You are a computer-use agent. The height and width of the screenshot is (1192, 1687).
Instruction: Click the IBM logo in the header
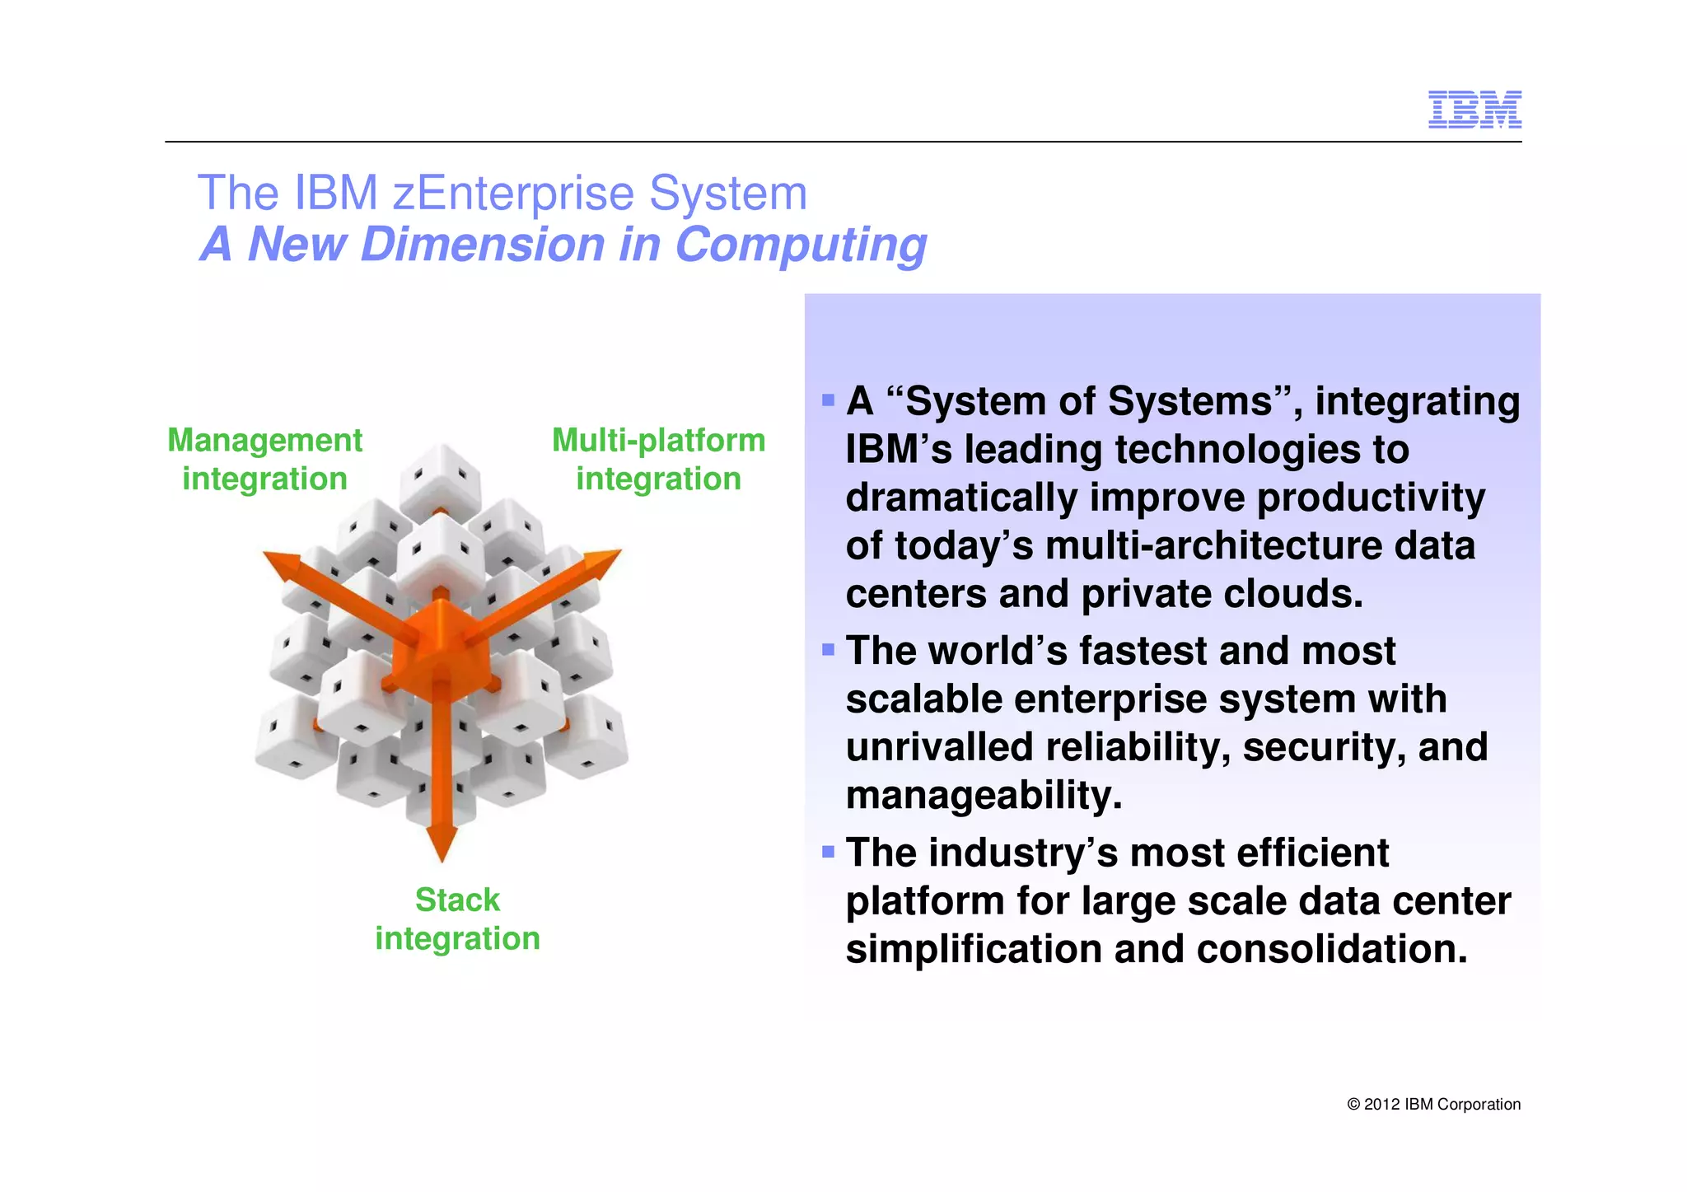tap(1474, 110)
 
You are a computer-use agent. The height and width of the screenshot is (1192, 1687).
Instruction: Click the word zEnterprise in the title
tap(513, 194)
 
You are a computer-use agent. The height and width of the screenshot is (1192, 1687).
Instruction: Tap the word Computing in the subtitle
tap(800, 245)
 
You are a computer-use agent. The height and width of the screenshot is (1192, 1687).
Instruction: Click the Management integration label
tap(264, 459)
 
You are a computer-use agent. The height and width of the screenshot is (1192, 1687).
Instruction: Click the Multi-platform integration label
tap(658, 459)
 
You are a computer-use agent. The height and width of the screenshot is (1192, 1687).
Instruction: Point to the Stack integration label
tap(457, 919)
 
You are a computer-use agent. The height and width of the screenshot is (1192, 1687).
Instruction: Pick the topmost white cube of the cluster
tap(441, 478)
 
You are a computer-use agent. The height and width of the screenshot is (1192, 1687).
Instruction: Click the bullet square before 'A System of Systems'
tap(828, 401)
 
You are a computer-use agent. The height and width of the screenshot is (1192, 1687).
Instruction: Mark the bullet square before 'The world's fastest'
tap(828, 650)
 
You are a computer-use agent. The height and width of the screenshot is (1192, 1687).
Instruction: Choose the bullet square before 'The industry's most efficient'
tap(828, 851)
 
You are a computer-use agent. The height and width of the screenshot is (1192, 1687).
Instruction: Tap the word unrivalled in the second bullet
tap(938, 747)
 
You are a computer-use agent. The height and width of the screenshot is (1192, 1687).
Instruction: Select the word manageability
tap(984, 796)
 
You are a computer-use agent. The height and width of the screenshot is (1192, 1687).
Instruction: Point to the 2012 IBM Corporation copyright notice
tap(1433, 1104)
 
